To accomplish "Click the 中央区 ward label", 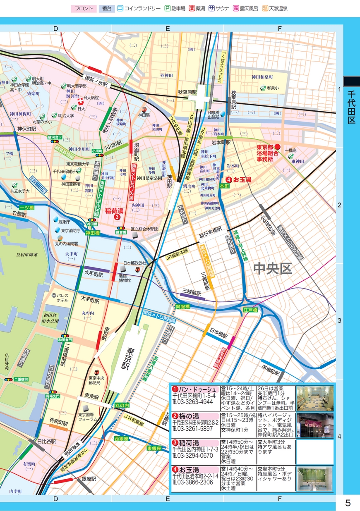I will [x=273, y=269].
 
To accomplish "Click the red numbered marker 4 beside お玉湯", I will [x=228, y=180].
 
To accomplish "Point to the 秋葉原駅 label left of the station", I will [x=187, y=92].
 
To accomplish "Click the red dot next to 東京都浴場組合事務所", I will [x=278, y=147].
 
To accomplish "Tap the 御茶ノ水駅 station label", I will [x=96, y=81].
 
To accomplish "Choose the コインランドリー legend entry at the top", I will [x=139, y=8].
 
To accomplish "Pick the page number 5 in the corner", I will [x=348, y=503].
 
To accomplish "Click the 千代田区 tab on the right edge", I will [x=351, y=107].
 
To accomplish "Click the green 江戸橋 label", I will [x=250, y=310].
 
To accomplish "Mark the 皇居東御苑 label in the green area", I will [x=24, y=255].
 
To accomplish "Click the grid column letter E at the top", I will [x=168, y=28].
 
